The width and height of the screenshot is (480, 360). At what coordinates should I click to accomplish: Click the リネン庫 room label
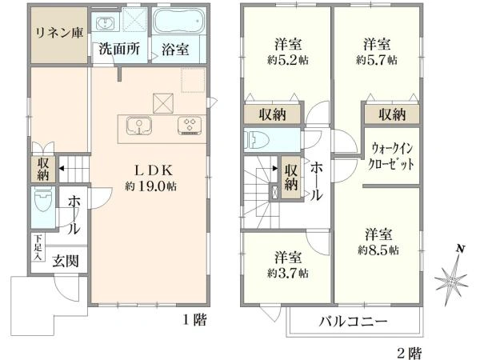click(x=59, y=33)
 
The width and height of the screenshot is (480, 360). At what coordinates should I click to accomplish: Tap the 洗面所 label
click(x=119, y=49)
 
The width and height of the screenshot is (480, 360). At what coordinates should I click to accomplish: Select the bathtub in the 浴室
click(x=178, y=21)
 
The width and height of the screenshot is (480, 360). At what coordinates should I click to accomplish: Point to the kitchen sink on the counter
click(x=139, y=126)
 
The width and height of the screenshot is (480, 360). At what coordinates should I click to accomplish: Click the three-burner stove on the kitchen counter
click(x=190, y=126)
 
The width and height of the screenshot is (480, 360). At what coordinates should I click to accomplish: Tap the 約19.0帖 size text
click(x=150, y=186)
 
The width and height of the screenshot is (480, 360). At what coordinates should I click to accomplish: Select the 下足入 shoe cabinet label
click(x=38, y=248)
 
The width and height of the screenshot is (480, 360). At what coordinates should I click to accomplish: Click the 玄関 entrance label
click(x=66, y=261)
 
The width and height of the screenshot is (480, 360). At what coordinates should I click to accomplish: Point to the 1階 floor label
click(x=194, y=320)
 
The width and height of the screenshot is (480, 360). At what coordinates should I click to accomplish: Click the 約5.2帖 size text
click(x=288, y=60)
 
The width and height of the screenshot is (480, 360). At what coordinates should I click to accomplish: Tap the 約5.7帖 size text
click(x=377, y=60)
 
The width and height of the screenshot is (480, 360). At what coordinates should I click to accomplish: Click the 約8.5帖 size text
click(x=378, y=250)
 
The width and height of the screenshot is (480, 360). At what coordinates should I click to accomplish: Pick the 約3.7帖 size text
click(x=288, y=273)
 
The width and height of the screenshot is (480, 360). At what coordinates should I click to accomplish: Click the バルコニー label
click(x=353, y=322)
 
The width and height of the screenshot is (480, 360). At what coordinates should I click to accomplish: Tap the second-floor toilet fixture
click(x=257, y=140)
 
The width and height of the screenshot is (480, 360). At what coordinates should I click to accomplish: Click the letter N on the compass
click(x=460, y=249)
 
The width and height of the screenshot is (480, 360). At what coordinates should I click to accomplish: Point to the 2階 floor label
click(x=410, y=353)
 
